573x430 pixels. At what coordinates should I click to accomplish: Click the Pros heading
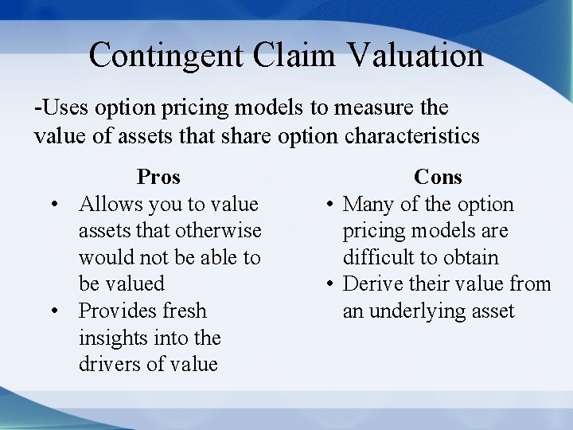158,177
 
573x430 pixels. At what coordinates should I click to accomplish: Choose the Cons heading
438,177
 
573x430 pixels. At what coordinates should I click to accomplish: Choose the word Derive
375,284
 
